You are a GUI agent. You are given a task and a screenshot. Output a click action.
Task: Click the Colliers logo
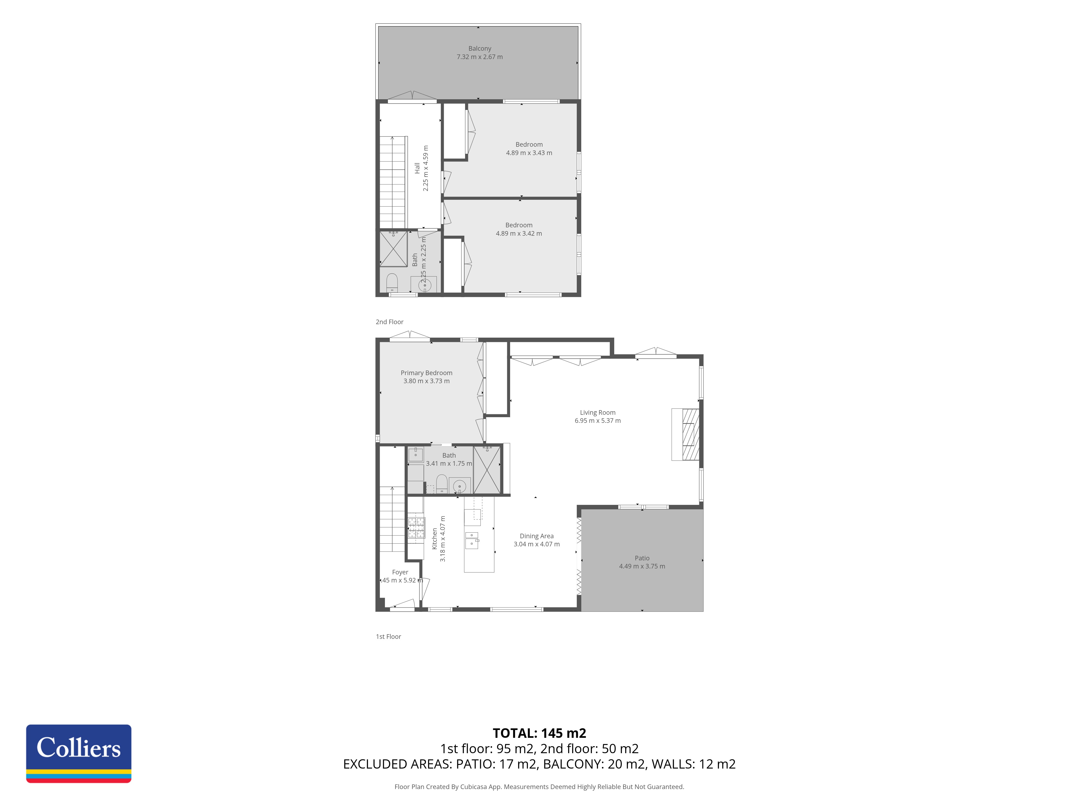[78, 753]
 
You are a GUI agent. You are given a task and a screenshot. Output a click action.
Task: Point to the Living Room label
[597, 413]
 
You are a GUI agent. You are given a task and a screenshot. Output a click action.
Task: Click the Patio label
[642, 558]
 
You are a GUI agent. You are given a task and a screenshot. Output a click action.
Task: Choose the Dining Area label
[537, 536]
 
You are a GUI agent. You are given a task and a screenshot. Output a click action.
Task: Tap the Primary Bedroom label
[426, 373]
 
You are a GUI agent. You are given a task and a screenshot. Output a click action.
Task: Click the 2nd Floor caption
[389, 322]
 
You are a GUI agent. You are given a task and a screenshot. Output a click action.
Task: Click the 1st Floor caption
[388, 636]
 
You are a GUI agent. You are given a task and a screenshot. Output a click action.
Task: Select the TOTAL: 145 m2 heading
[539, 733]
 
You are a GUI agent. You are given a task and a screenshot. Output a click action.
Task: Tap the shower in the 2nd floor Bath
[394, 249]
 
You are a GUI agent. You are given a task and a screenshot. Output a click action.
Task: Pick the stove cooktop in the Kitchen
[416, 528]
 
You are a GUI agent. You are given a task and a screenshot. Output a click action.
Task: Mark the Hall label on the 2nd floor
[417, 168]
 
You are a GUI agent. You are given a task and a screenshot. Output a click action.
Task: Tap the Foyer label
[400, 572]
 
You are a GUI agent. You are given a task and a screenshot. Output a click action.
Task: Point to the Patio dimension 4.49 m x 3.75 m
[642, 566]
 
